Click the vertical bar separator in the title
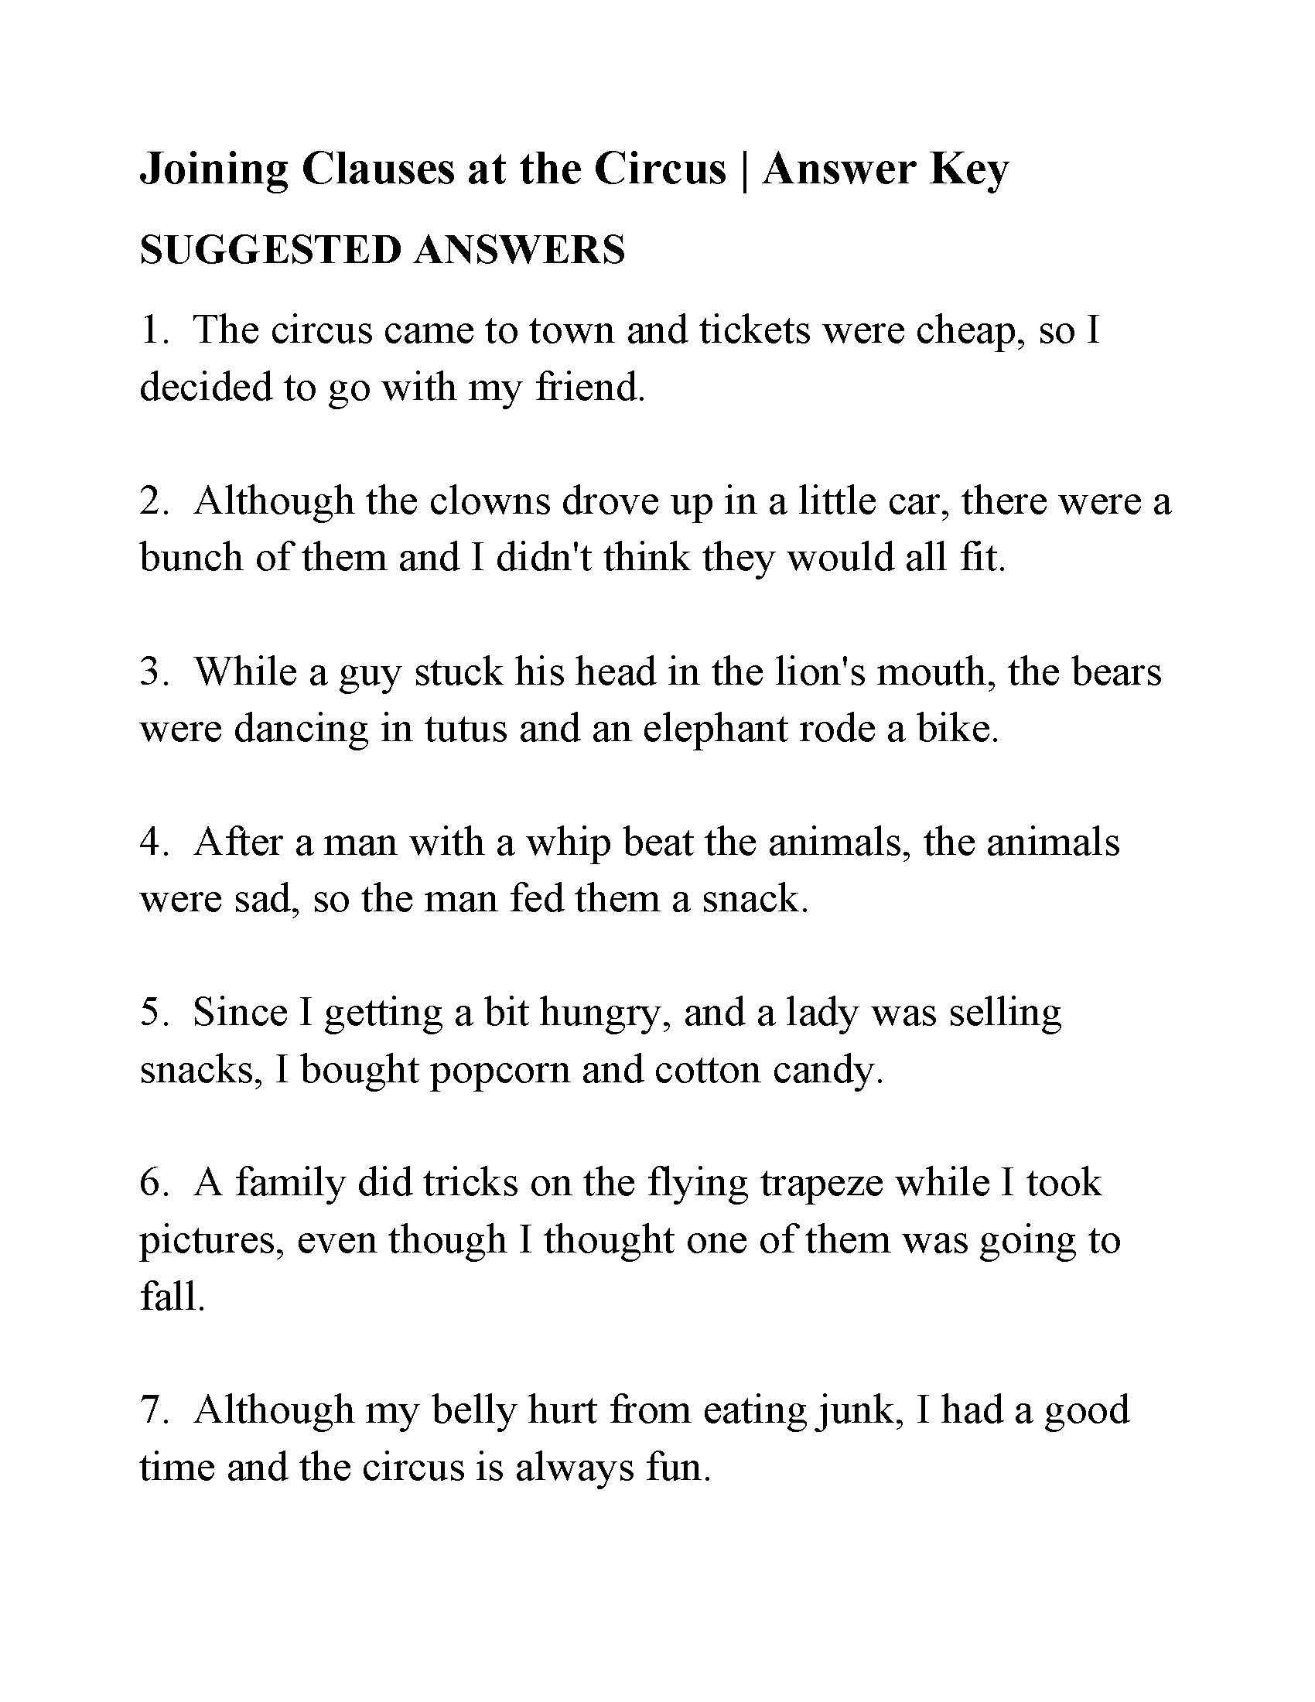click(744, 169)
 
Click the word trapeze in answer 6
click(821, 1182)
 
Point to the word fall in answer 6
click(172, 1296)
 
